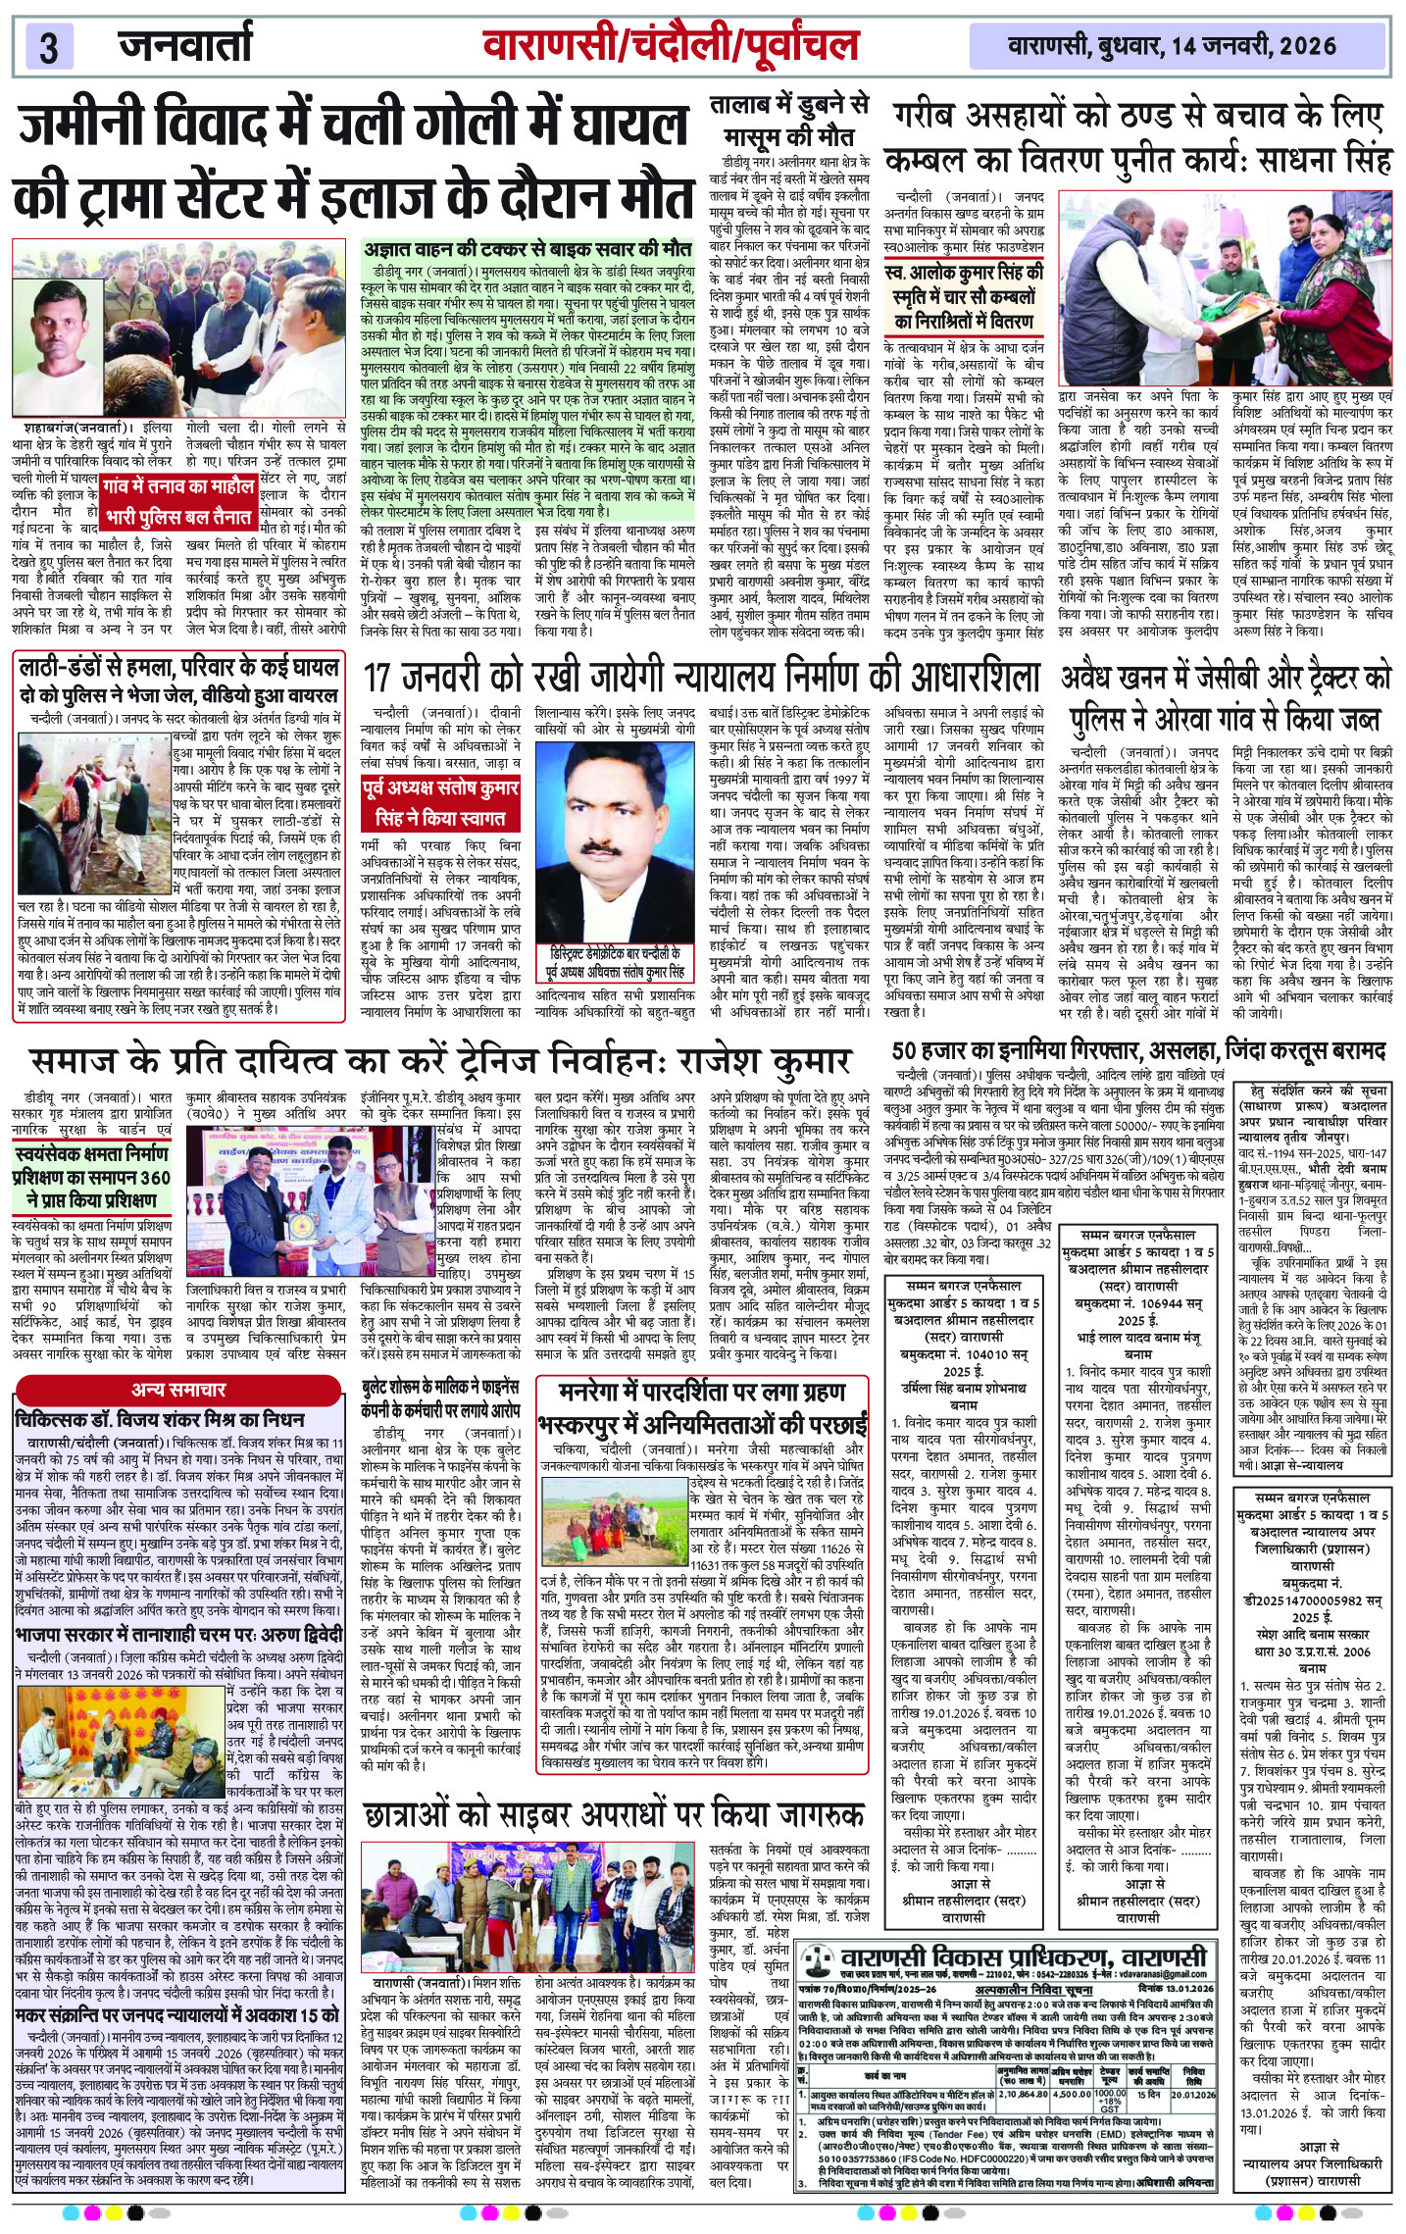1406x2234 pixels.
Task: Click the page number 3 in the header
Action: pos(49,47)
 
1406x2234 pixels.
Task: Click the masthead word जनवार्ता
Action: pos(185,45)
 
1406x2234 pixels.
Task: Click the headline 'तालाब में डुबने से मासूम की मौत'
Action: pos(789,121)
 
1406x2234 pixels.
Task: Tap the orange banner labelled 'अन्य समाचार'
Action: pos(178,1389)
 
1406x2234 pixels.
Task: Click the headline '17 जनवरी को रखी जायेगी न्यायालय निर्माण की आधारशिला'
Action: pos(700,678)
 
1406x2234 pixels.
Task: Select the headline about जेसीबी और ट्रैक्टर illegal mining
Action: pos(1226,697)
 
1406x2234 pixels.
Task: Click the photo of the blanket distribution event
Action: pos(1226,283)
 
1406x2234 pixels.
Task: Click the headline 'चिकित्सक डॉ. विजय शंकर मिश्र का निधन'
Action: pos(159,1419)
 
